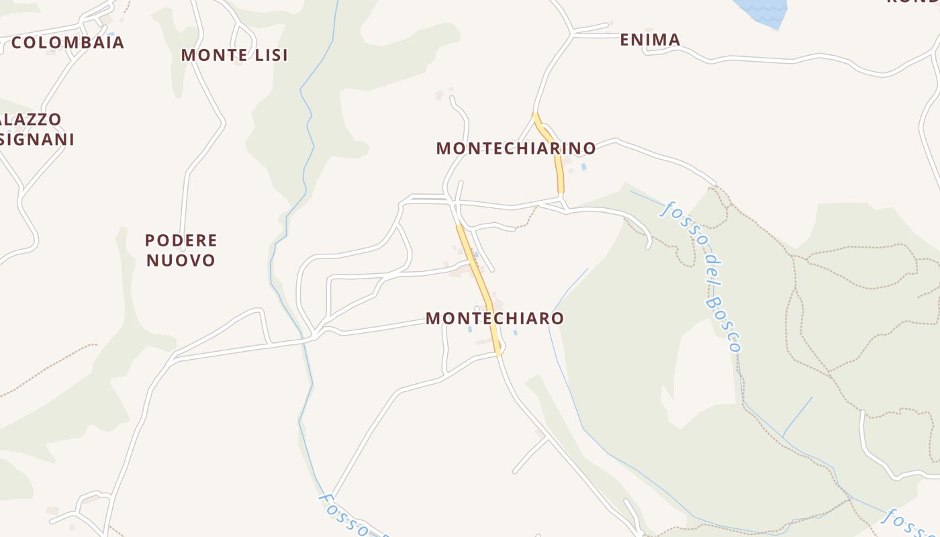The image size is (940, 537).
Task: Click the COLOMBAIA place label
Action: (x=68, y=42)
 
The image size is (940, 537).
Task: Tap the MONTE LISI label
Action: (x=234, y=55)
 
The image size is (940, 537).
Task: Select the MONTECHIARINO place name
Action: (x=516, y=148)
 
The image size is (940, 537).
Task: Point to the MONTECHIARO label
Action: (x=495, y=318)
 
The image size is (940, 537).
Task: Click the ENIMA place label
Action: (x=650, y=40)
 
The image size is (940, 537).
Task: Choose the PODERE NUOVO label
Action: (x=181, y=250)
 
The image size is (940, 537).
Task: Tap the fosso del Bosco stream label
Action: (x=702, y=275)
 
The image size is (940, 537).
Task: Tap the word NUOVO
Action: (x=181, y=260)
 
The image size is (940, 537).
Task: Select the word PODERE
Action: (x=181, y=240)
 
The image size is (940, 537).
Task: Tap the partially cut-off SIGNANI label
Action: (x=37, y=139)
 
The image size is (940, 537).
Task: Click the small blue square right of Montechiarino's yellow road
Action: (x=583, y=166)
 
